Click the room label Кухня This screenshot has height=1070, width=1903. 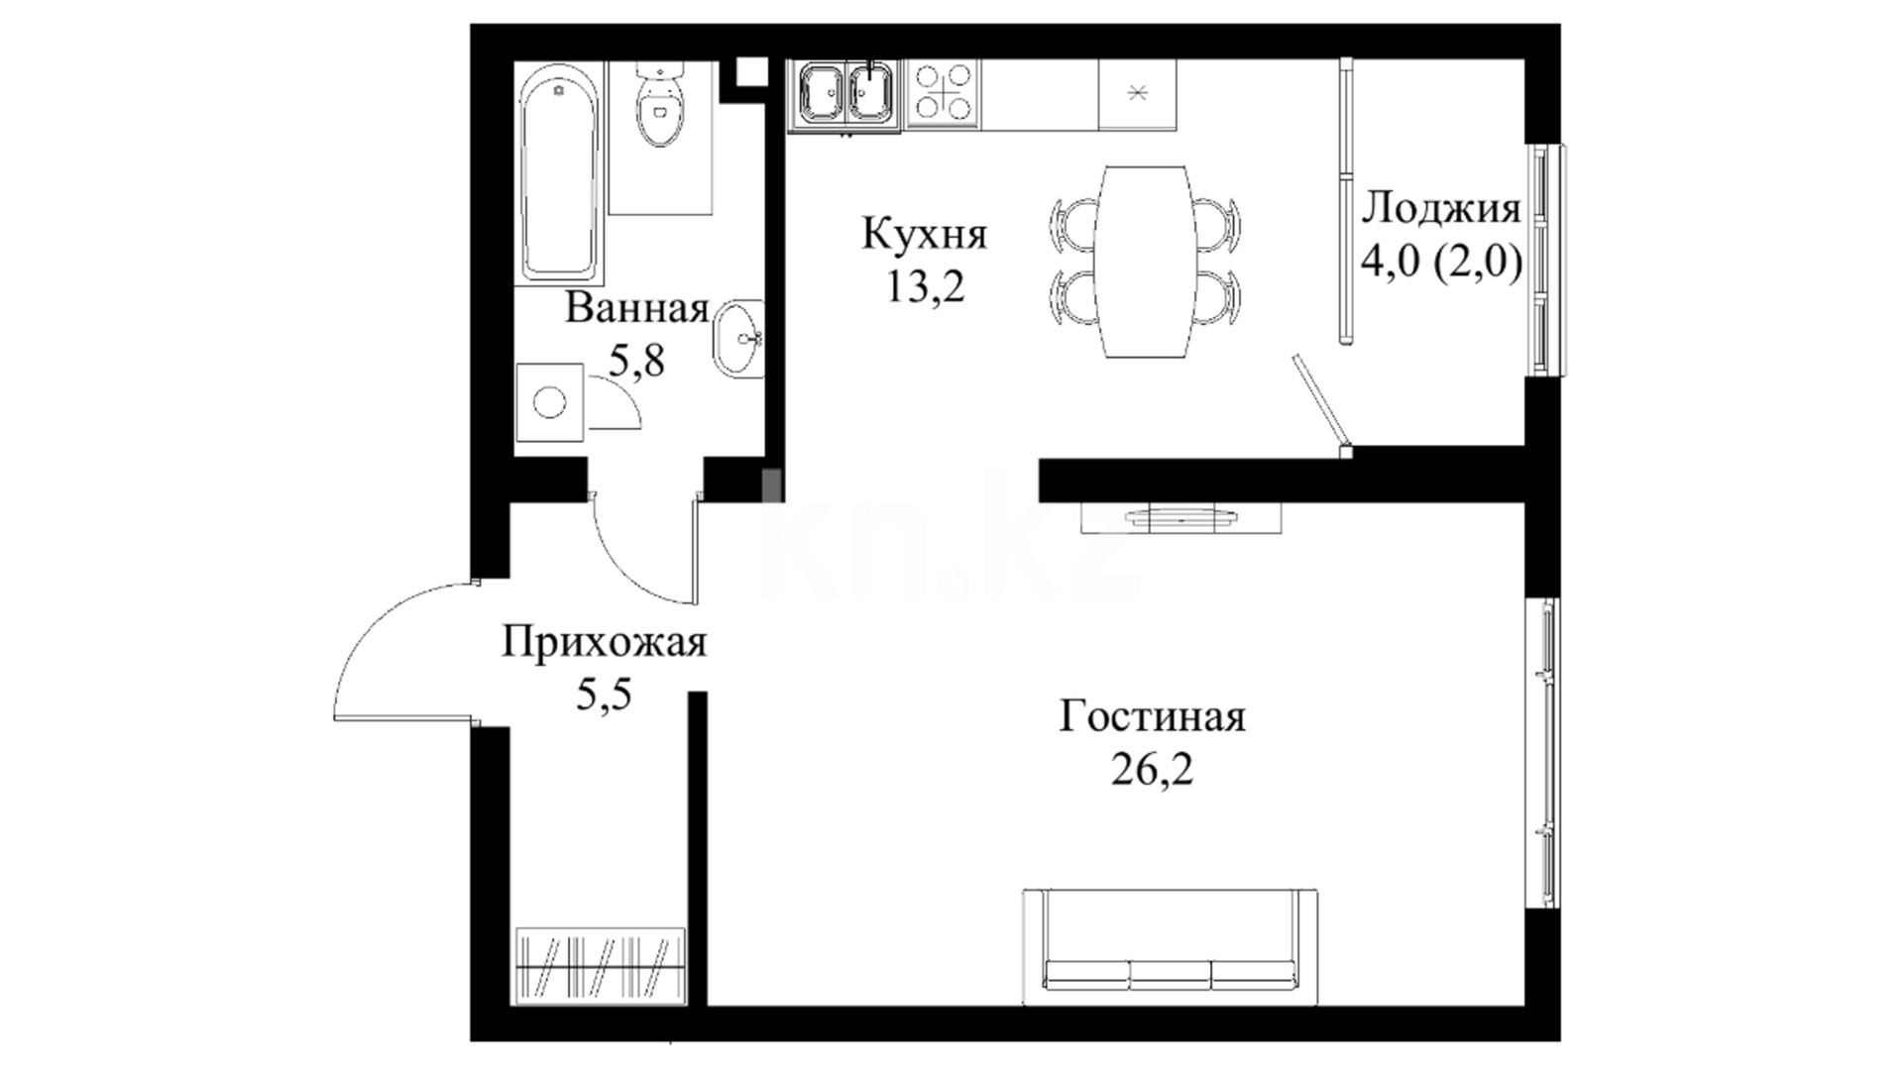(x=925, y=235)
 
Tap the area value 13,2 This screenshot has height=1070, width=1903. (x=925, y=287)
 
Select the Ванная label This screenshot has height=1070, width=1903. (x=637, y=308)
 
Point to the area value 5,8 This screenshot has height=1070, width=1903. (x=636, y=362)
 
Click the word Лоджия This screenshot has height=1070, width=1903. (x=1441, y=210)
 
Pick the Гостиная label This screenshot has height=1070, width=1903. (x=1152, y=716)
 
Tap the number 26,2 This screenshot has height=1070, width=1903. (x=1152, y=769)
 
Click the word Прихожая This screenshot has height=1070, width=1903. (x=604, y=643)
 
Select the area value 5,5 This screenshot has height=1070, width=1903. (x=604, y=695)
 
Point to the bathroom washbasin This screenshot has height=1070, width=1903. (x=738, y=338)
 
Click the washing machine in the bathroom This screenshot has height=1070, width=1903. (x=550, y=401)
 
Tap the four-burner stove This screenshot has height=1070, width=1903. (x=943, y=93)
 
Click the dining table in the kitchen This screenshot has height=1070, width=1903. (x=1144, y=262)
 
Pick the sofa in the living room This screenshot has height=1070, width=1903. (x=1171, y=947)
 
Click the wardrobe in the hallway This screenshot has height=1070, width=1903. (x=601, y=966)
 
